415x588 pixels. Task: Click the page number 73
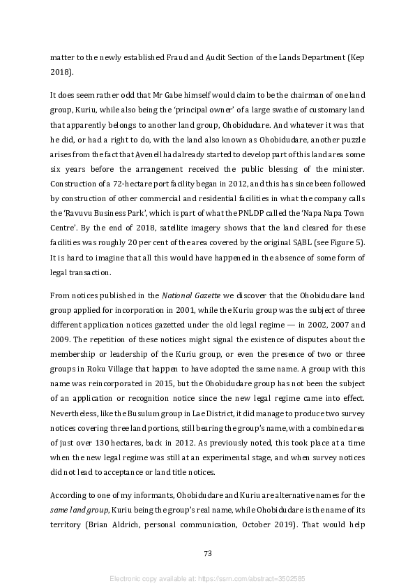(207, 553)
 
